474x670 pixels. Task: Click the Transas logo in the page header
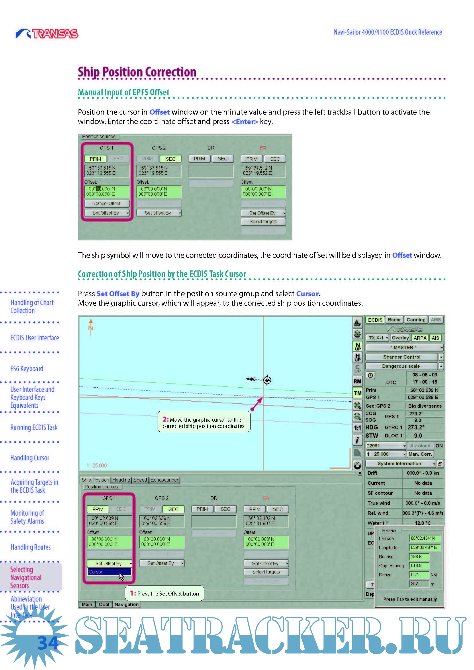pos(47,34)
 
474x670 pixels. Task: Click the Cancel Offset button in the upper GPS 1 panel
pos(107,203)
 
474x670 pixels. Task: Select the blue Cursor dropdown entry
pos(109,572)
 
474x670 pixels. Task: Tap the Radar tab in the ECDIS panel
pos(394,320)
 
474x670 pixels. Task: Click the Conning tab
pos(416,320)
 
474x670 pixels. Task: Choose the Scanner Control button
pos(401,357)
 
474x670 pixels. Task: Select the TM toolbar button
pos(358,393)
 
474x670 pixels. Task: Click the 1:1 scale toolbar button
pos(358,428)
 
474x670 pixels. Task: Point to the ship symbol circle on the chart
pos(267,380)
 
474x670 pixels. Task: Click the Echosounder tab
pos(164,480)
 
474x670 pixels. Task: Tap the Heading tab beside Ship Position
pos(121,480)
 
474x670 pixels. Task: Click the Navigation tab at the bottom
pos(126,604)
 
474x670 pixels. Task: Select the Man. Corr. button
pos(420,454)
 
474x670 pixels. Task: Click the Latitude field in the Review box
pos(424,539)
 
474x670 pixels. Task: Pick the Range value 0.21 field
pos(418,575)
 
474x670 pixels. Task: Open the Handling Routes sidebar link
pos(31,547)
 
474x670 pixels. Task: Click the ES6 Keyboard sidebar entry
pos(27,369)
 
